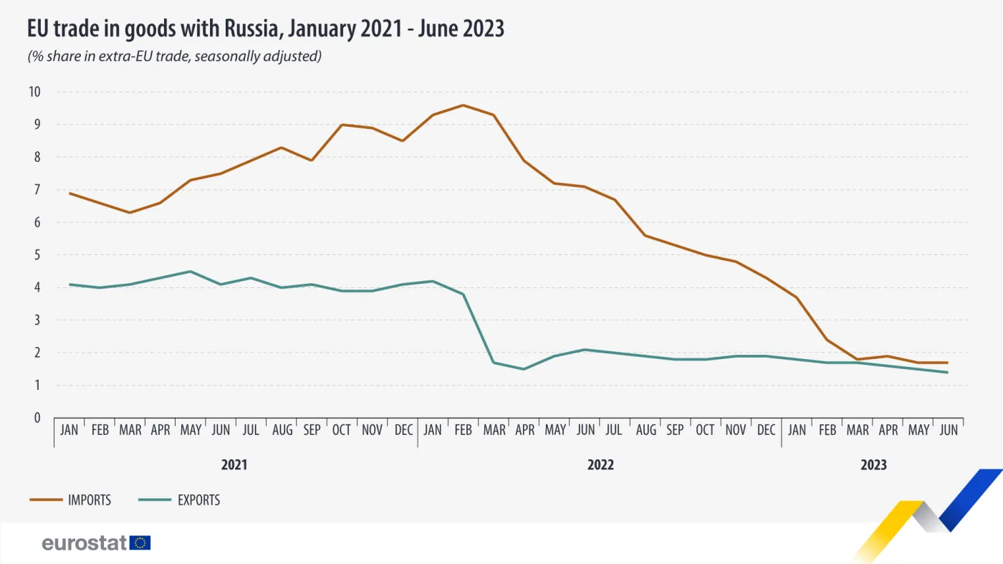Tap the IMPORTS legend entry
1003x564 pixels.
pos(89,500)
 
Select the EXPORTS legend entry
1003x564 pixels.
pos(198,500)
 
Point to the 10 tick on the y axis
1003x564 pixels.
pos(34,92)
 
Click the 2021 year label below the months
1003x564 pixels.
pos(234,464)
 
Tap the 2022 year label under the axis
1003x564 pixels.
pos(600,464)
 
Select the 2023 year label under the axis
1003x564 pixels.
pos(873,464)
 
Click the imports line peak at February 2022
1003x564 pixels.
pos(463,105)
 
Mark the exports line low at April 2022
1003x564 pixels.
pos(524,369)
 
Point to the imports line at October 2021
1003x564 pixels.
pos(342,125)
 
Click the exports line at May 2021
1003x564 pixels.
pos(190,272)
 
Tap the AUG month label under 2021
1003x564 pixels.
pos(282,430)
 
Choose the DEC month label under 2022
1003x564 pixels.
pos(766,430)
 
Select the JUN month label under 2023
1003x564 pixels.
pos(948,430)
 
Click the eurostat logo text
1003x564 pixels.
pos(85,543)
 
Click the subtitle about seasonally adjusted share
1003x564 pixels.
pos(174,56)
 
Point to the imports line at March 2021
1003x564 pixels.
pos(130,213)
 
